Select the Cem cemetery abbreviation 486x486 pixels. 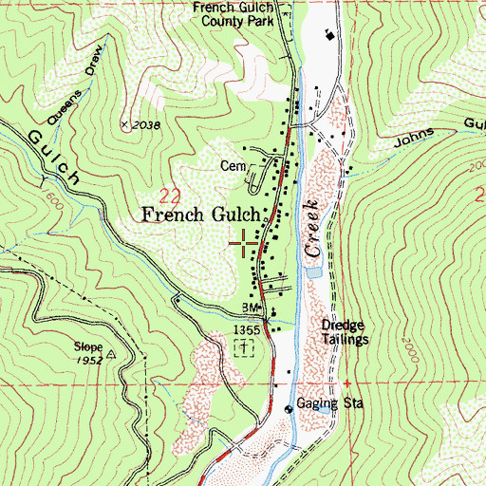point(234,162)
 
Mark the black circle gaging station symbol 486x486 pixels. point(290,409)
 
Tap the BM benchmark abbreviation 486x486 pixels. point(251,308)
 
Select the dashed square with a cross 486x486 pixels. point(244,348)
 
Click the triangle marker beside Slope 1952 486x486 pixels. point(111,353)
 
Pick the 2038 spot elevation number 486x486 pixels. point(145,124)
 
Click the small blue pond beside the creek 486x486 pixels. point(311,271)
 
